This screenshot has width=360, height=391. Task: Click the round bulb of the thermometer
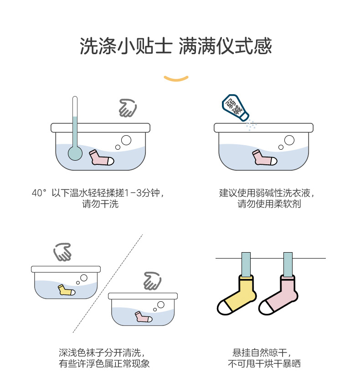click(75, 152)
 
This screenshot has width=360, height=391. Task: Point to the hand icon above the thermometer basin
click(127, 108)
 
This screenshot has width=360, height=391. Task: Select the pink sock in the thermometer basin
click(101, 157)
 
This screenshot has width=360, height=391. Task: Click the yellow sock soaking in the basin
click(65, 289)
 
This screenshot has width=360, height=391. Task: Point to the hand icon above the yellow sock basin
click(62, 252)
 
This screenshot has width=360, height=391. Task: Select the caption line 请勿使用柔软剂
click(269, 204)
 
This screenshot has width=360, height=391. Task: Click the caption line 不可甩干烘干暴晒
click(264, 364)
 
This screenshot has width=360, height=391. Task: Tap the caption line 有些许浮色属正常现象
click(104, 364)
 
